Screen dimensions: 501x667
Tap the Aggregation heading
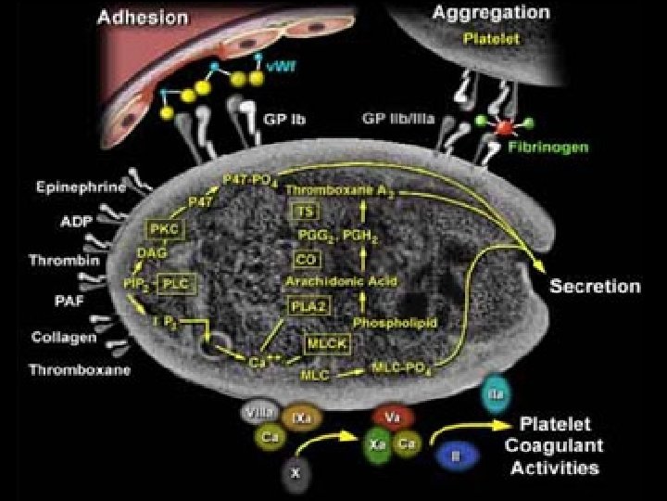(x=491, y=14)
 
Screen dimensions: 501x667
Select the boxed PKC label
(x=162, y=228)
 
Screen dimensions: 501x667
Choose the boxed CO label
(x=307, y=258)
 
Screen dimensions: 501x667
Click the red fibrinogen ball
(x=505, y=126)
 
